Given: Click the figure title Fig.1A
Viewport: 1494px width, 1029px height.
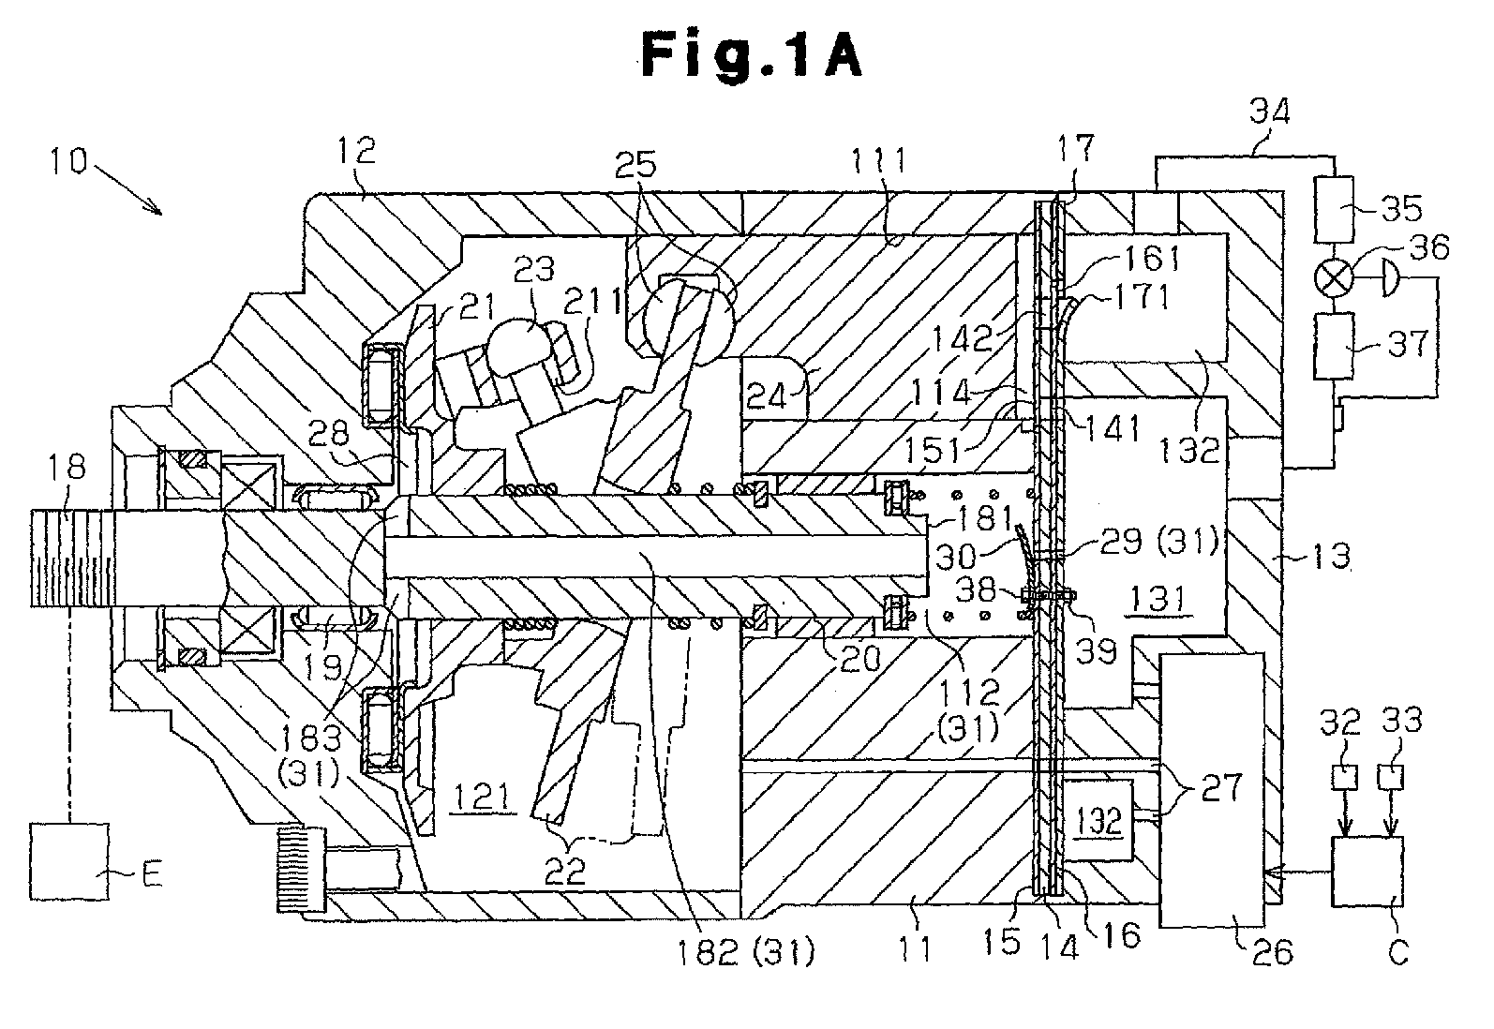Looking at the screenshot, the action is [x=752, y=56].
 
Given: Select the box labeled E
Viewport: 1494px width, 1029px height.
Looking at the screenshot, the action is [x=69, y=861].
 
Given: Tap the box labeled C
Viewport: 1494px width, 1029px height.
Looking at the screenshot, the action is [x=1367, y=872].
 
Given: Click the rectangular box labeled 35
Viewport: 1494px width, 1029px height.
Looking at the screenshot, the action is [x=1335, y=209].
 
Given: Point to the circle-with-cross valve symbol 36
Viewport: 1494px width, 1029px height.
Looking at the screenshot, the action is [x=1334, y=277].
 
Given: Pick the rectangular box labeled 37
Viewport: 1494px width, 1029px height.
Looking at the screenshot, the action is [x=1335, y=346].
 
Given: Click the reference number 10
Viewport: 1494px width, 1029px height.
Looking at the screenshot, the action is [x=68, y=160].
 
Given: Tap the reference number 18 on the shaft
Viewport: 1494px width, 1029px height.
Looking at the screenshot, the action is [x=67, y=466].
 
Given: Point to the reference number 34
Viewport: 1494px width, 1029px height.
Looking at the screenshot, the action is [x=1269, y=111].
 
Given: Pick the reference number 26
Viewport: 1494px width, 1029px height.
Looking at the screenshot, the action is [x=1273, y=952].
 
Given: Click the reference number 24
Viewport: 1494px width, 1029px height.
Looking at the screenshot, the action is [x=767, y=396].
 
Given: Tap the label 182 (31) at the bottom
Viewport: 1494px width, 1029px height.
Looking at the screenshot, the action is [x=746, y=951].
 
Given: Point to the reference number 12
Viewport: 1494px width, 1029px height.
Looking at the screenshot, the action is [x=357, y=150].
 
